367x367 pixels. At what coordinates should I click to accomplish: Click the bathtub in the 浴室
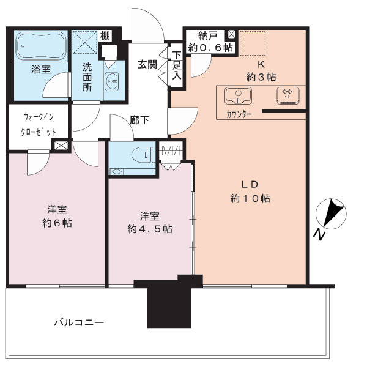[38, 45]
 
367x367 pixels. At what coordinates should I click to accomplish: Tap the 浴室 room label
[40, 70]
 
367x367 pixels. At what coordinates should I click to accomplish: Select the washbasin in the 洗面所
[113, 80]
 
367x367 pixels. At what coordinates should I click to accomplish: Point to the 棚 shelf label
[105, 36]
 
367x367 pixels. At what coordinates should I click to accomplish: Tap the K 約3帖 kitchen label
[260, 70]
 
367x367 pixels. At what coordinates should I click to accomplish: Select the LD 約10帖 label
[250, 191]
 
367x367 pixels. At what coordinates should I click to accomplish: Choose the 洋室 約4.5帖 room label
[149, 221]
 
